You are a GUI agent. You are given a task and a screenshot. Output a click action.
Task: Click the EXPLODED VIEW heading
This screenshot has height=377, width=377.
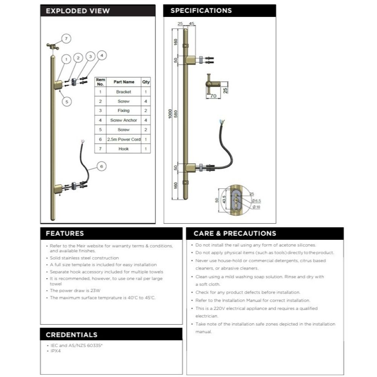(x=78, y=11)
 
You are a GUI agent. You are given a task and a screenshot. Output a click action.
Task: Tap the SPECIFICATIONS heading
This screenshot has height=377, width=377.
(x=201, y=10)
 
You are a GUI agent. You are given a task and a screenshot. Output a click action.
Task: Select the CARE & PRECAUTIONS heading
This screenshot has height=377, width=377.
(x=234, y=233)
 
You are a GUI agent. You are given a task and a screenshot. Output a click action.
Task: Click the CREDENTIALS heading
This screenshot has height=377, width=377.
(x=71, y=334)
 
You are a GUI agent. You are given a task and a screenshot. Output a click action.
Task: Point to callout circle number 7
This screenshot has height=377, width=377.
(x=66, y=38)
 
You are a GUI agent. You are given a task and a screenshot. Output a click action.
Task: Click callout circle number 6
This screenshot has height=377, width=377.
(x=101, y=166)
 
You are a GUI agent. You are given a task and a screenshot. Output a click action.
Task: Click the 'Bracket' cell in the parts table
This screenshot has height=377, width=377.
(x=123, y=92)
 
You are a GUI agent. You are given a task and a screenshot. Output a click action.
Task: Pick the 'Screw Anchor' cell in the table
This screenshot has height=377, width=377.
(x=123, y=120)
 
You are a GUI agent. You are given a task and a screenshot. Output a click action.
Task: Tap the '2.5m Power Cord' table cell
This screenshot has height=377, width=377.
(x=124, y=139)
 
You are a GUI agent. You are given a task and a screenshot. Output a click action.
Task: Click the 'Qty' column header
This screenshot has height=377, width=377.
(x=146, y=82)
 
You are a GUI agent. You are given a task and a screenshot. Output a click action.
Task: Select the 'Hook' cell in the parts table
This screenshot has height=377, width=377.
(x=123, y=149)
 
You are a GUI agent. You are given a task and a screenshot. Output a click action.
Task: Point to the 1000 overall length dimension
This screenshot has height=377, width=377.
(x=170, y=113)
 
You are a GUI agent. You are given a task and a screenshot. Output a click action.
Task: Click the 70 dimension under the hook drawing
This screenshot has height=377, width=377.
(x=213, y=96)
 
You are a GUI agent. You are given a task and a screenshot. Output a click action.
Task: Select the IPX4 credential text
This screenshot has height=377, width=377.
(x=55, y=351)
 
